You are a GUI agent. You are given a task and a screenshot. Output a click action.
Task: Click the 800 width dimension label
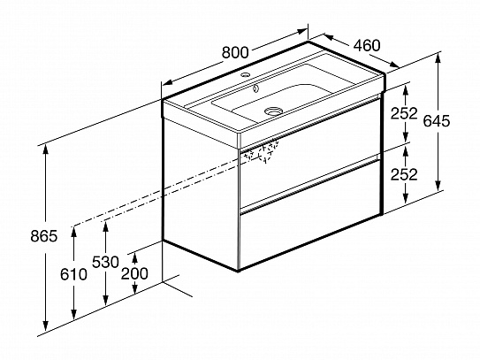point(235,52)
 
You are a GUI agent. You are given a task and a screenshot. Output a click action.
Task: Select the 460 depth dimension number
point(367,45)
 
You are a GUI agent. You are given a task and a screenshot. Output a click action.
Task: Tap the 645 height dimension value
point(437,120)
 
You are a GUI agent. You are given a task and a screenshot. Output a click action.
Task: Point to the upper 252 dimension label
point(404,113)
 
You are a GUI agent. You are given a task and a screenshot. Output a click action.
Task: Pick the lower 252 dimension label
point(404,174)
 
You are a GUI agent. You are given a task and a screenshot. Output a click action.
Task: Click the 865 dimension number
point(44,236)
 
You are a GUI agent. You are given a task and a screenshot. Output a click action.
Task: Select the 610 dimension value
point(73,274)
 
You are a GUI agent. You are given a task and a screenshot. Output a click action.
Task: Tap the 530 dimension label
point(105,262)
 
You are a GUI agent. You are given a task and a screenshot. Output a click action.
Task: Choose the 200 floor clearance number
point(134,273)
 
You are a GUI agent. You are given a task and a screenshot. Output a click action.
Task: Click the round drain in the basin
point(273,111)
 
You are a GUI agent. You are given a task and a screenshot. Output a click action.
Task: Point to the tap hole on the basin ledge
point(245,74)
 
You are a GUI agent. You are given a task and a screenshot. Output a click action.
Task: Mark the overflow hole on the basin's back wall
point(255,88)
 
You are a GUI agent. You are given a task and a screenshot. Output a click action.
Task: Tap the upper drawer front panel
point(309,151)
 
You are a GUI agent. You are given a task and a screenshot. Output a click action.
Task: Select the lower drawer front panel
point(309,214)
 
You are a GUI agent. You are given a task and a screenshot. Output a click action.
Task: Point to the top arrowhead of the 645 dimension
point(438,58)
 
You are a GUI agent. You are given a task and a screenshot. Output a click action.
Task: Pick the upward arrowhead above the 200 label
point(134,258)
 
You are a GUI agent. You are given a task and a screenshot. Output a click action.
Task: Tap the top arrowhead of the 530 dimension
point(105,226)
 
